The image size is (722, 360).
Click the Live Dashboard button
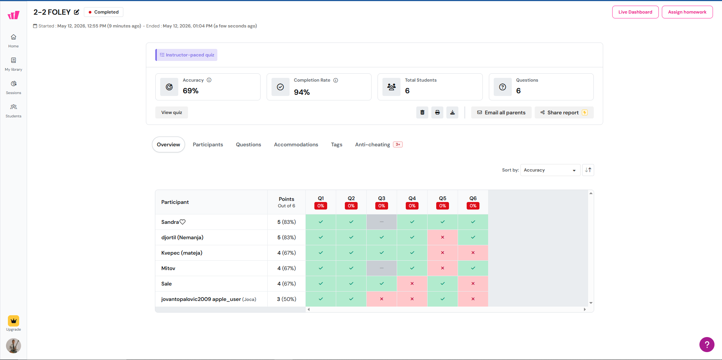635,12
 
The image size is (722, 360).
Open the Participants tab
208,144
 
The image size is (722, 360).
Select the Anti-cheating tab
379,144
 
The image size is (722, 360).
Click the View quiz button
171,112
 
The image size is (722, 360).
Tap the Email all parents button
501,112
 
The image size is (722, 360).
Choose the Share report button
564,112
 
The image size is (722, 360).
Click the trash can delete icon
422,112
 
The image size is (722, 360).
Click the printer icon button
437,112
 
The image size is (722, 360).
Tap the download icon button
452,112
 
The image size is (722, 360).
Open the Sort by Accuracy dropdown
550,170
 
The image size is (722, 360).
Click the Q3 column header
382,202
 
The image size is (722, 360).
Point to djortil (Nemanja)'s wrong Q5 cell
443,237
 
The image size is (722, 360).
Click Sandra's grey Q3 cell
382,222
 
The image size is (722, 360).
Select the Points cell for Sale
287,284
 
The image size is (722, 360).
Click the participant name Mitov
168,268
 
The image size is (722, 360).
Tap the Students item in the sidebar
14,111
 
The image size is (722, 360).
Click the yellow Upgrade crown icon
14,321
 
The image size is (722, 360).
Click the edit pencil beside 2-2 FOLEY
77,12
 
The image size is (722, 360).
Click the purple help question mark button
707,345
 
